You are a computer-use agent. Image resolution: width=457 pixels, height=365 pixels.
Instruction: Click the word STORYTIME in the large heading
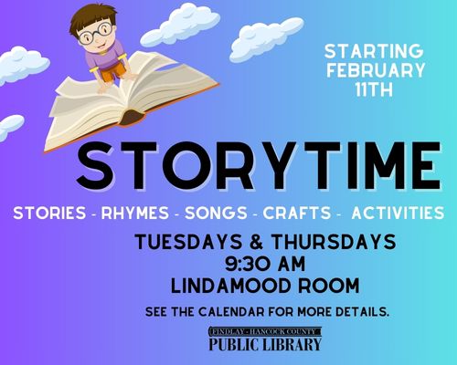point(259,166)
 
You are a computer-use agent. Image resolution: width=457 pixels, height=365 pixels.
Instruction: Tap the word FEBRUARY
point(376,70)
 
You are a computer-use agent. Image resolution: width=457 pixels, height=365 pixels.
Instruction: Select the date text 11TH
point(374,89)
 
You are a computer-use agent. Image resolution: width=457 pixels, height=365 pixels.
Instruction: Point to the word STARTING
point(374,51)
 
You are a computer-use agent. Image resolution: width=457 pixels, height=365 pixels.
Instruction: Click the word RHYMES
point(135,213)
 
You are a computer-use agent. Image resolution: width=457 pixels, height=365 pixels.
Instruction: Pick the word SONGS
point(216,213)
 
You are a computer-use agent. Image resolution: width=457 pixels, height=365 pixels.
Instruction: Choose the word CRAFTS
point(297,213)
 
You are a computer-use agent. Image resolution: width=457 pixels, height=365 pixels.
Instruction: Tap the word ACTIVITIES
point(398,213)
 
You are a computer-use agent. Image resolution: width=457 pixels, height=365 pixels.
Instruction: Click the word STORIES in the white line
point(49,213)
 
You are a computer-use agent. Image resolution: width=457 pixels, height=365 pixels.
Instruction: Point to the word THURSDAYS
point(334,242)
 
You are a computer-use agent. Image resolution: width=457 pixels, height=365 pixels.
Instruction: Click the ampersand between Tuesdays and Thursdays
point(257,242)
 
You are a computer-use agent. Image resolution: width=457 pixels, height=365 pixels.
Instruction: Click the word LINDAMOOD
point(230,286)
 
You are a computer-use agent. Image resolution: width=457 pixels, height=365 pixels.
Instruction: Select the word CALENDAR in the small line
point(231,312)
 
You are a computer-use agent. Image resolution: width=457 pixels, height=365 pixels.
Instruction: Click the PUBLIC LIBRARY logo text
point(265,344)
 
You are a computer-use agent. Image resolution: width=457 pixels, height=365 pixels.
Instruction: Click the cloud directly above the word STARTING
point(267,38)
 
